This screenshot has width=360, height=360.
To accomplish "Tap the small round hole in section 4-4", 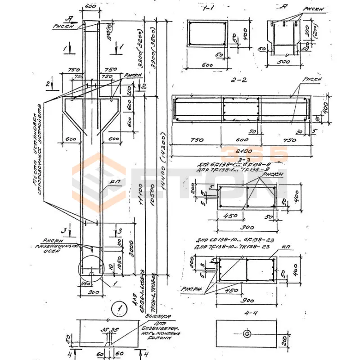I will click(247, 334).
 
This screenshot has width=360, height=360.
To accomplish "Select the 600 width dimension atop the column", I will click(90, 8).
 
